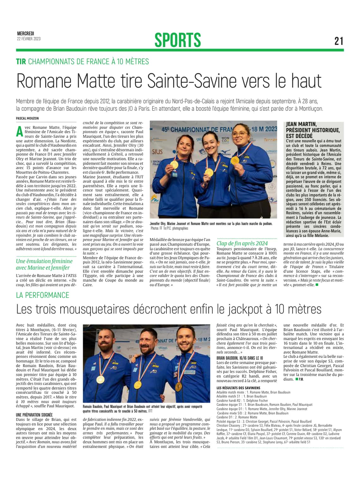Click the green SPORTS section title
(177, 40)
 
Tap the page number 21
(339, 41)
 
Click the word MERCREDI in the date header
(26, 34)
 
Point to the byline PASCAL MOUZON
(27, 118)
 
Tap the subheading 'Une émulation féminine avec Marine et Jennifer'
(44, 264)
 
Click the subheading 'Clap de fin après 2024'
(242, 243)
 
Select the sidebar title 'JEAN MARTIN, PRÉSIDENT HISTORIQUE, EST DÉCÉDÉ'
(313, 130)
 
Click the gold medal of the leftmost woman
(174, 164)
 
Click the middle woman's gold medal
(208, 172)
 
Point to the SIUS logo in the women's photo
(157, 152)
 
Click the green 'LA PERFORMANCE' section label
(43, 295)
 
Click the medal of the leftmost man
(100, 379)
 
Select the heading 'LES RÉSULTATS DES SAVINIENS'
(238, 388)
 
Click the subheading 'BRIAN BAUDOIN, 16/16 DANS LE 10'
(240, 358)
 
